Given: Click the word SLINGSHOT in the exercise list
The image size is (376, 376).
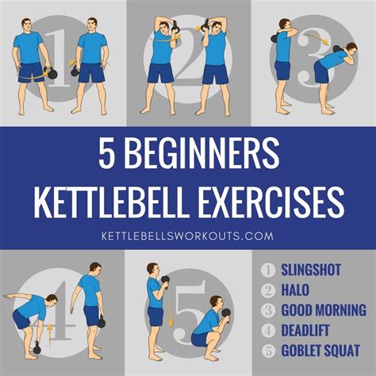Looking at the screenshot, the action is [311, 270].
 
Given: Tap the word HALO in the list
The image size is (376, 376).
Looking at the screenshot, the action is [295, 290].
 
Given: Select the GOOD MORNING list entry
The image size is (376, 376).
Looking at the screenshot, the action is [324, 310].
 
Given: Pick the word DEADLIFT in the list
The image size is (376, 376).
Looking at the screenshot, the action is [305, 330].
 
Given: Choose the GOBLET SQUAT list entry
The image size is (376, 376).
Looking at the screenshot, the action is [320, 351].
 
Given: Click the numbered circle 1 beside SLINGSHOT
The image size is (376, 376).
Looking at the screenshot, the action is [268, 270].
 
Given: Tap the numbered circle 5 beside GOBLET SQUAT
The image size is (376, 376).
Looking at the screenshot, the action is [268, 351].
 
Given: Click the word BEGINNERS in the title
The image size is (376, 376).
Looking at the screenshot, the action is [201, 154].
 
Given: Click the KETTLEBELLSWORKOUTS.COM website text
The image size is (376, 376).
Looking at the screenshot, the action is [187, 236].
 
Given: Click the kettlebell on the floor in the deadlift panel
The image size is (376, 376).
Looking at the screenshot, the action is [36, 348].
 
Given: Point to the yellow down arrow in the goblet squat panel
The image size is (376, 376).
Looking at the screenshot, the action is [171, 316].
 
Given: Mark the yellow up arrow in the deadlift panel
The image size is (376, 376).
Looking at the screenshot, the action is [49, 336].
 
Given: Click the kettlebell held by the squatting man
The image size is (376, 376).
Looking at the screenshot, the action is [226, 314].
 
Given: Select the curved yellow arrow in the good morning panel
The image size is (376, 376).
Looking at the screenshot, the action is [317, 38].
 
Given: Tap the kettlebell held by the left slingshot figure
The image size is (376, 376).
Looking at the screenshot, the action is [51, 73].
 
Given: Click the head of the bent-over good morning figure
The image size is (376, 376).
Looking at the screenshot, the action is [351, 50].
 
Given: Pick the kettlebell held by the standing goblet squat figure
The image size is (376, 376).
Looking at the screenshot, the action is [165, 282].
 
